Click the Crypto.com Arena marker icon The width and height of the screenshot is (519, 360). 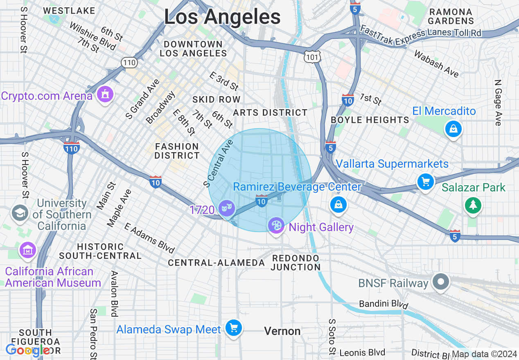pos(105,95)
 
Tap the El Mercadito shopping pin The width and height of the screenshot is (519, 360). pos(453,129)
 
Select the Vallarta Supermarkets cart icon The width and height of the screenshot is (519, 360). pos(425,181)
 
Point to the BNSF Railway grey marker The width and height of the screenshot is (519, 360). pos(441,282)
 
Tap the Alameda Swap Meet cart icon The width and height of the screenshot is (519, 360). pos(234,328)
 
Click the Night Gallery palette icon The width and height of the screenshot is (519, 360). pos(276,225)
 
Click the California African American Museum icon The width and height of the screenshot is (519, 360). pos(28,250)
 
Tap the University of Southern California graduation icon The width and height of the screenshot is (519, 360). pos(20,213)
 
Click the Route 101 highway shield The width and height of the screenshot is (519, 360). pos(312,57)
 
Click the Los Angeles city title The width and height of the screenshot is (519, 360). pos(222,17)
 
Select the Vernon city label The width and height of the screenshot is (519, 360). pos(282,331)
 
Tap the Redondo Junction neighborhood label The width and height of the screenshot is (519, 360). pos(296,263)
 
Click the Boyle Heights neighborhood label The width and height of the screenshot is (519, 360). pos(370,120)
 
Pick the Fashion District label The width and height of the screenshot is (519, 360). pos(177,151)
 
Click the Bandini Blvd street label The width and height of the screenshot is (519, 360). pos(384,304)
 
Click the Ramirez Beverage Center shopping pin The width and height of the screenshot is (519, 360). pos(338,204)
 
